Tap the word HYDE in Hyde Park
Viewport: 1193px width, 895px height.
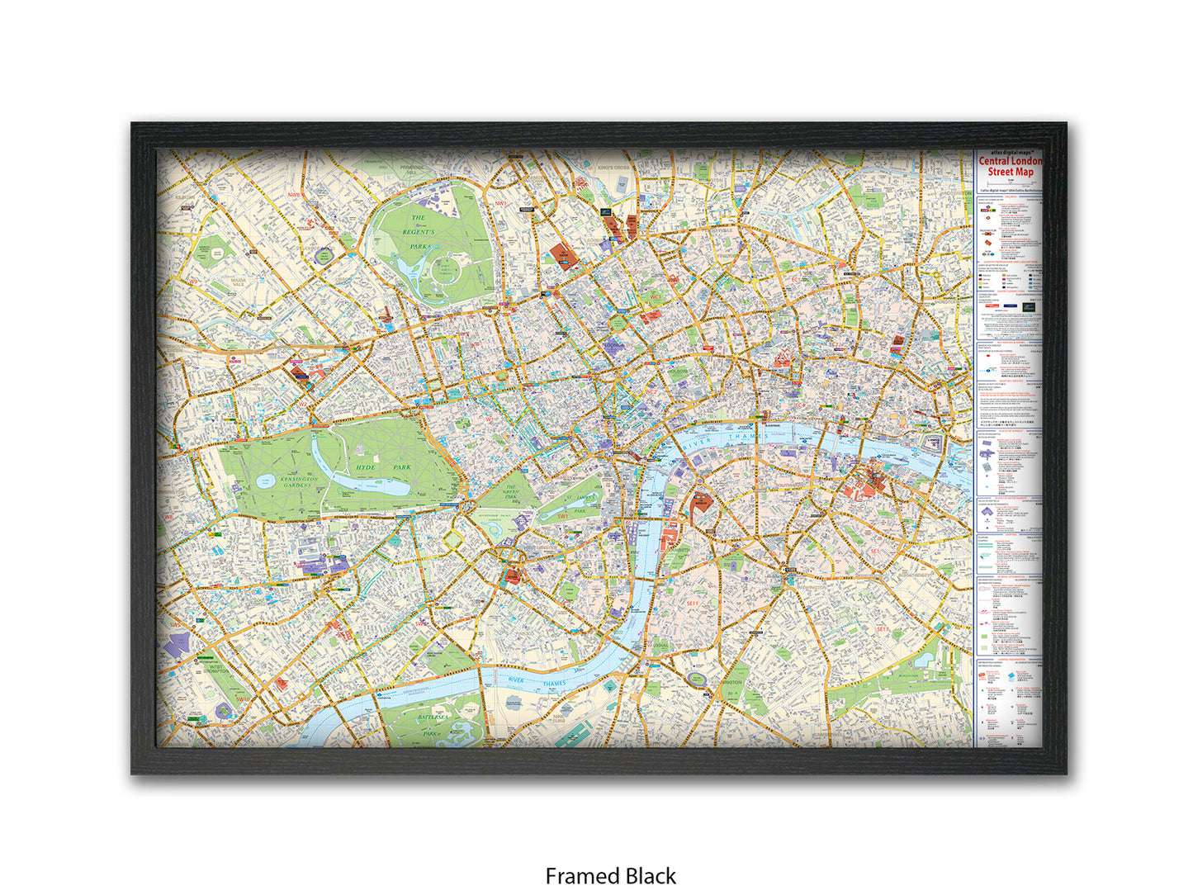tap(366, 467)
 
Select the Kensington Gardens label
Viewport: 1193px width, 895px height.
tap(298, 481)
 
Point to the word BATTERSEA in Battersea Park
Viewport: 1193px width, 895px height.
tap(433, 717)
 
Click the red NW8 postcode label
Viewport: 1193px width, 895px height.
tap(294, 195)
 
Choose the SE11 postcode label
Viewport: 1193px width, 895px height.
tap(693, 604)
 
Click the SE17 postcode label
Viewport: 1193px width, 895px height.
tap(883, 629)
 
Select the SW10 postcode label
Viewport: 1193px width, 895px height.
tap(242, 698)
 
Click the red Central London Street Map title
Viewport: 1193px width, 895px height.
tap(1011, 166)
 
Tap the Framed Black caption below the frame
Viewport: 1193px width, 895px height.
tap(610, 875)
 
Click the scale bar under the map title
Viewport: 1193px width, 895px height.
tap(1010, 182)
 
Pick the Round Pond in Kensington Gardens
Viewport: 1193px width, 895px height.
tap(264, 481)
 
